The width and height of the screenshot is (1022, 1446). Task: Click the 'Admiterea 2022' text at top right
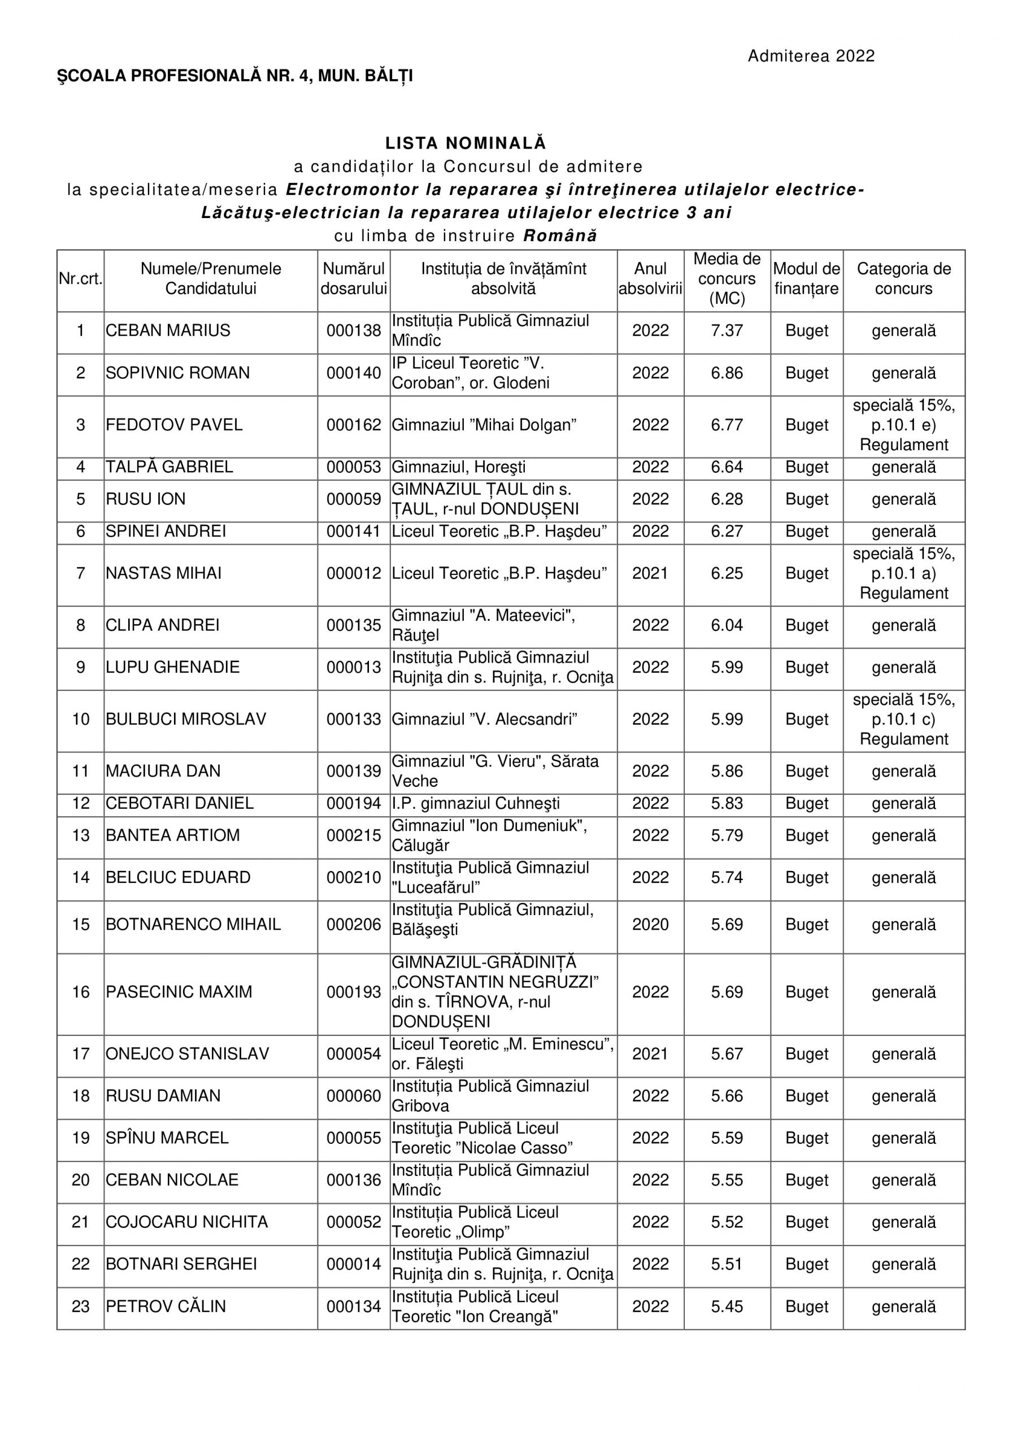811,56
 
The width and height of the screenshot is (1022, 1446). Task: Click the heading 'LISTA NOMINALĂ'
466,143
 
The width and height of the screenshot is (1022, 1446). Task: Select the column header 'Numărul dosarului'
354,278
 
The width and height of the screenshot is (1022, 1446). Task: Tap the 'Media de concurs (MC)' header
727,278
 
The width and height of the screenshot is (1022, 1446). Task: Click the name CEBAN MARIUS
168,330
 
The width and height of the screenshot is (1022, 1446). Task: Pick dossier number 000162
354,425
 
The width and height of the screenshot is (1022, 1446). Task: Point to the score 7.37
727,330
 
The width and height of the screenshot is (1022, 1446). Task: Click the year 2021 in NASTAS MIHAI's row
650,574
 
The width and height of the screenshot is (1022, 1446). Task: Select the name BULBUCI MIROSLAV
186,719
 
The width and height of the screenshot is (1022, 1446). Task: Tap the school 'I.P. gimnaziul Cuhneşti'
476,804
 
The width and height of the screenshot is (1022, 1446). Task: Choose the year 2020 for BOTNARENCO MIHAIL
650,925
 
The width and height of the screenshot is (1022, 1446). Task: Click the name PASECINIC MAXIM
179,992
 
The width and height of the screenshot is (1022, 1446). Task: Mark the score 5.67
727,1053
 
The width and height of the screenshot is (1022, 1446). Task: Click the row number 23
81,1307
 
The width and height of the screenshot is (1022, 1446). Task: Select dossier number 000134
354,1307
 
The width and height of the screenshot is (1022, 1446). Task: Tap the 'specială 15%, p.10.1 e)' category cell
903,425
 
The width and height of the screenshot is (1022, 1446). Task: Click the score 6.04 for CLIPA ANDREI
727,625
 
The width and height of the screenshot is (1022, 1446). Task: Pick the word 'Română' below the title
560,236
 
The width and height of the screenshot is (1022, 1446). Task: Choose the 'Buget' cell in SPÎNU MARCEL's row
807,1138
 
